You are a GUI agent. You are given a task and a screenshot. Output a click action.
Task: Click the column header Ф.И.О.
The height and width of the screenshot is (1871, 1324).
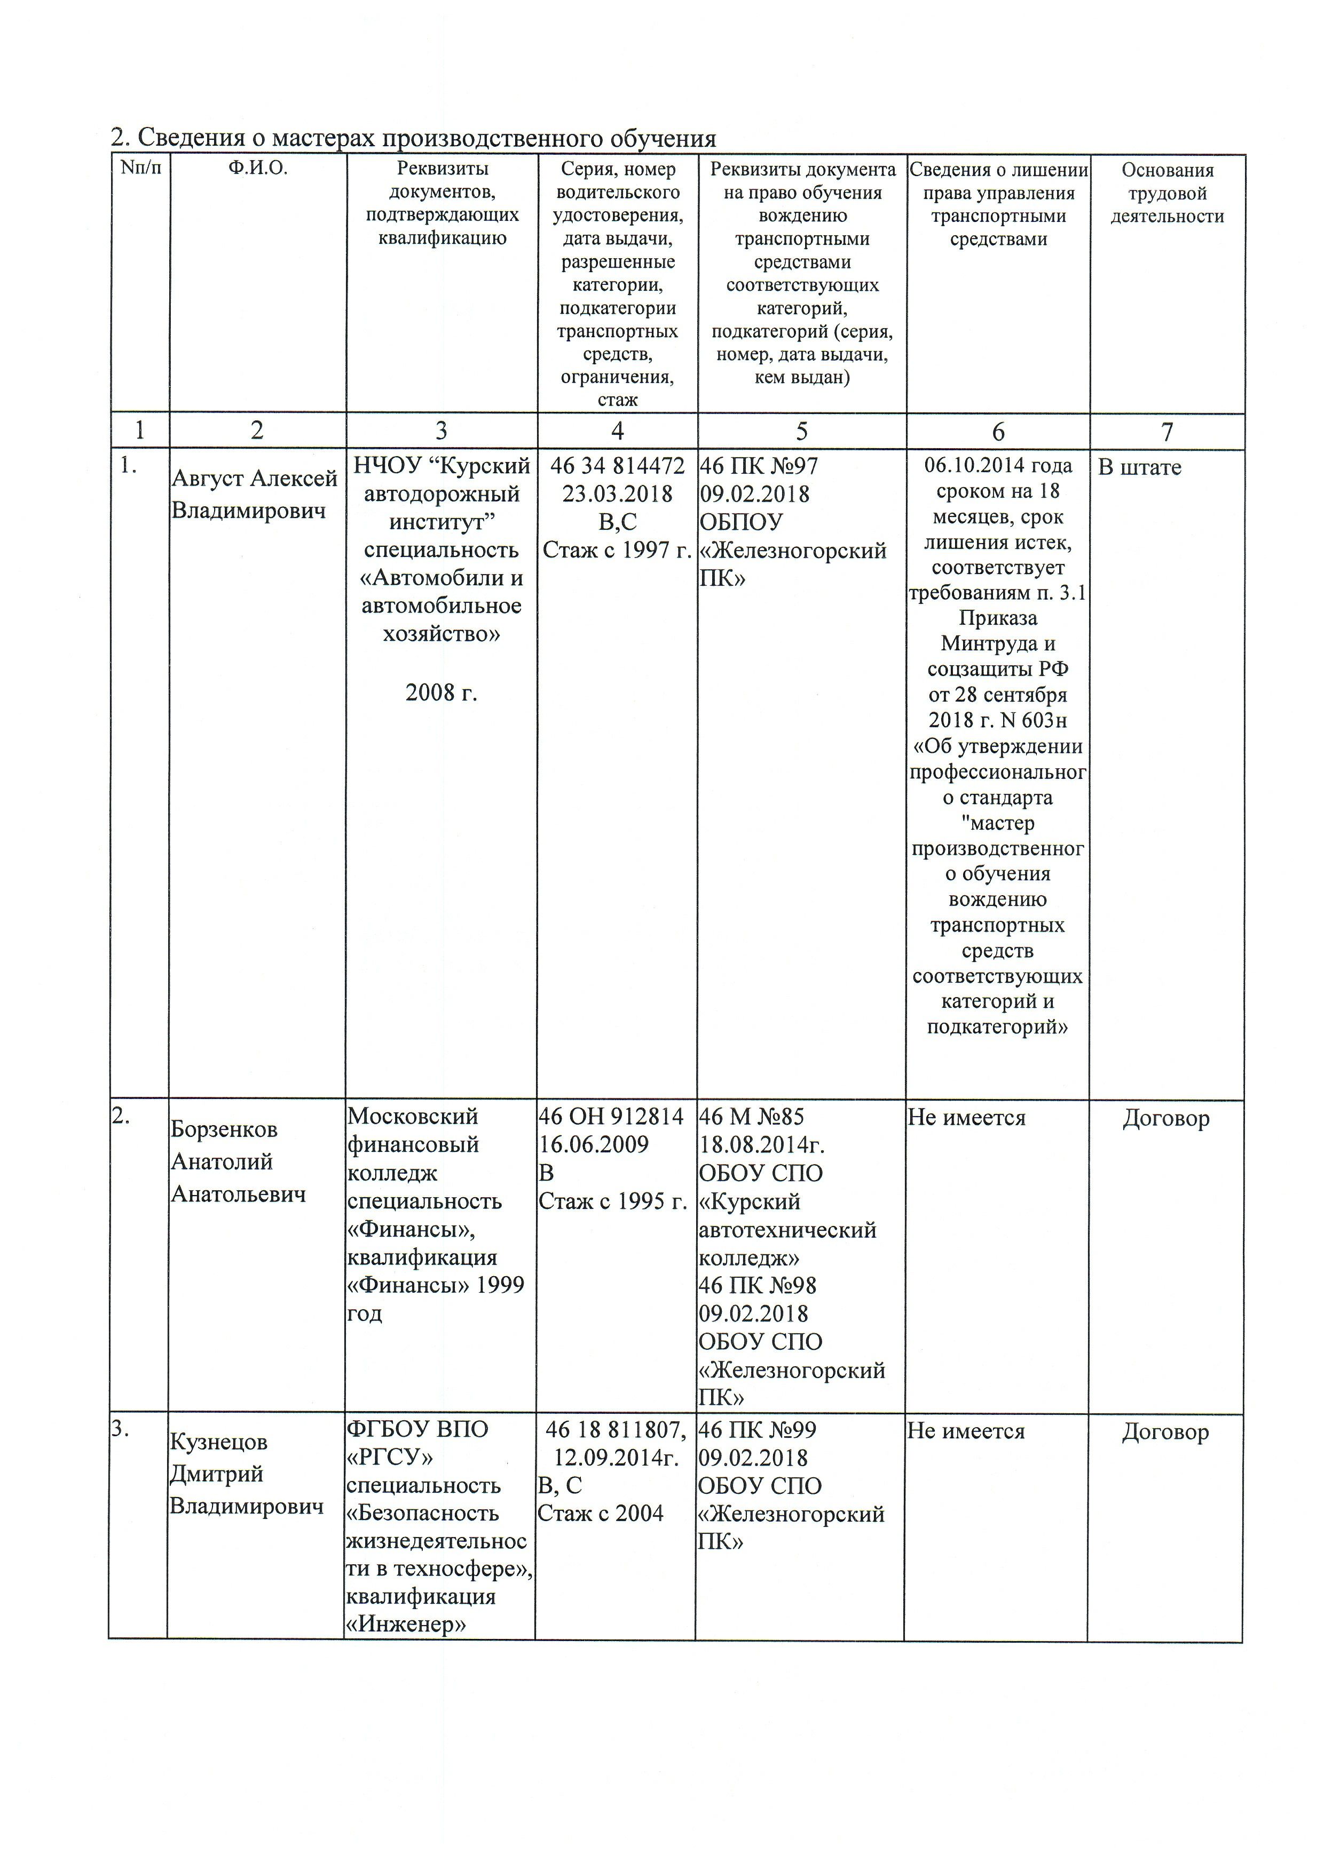(x=258, y=170)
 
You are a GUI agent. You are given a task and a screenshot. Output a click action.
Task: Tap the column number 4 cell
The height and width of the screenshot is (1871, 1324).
(x=617, y=431)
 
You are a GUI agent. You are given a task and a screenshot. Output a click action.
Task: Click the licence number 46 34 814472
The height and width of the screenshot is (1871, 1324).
(x=617, y=466)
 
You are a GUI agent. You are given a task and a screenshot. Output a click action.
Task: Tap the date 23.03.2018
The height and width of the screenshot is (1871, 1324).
(x=617, y=494)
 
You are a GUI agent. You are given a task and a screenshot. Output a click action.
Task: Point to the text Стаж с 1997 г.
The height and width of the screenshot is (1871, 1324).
(x=617, y=550)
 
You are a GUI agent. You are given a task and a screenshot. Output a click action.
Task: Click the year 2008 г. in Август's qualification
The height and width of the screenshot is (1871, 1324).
(x=441, y=692)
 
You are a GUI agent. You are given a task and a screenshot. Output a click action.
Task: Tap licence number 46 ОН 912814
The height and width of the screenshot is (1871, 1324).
(x=611, y=1117)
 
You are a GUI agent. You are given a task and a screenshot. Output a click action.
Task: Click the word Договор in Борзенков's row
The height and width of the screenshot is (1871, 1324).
(x=1166, y=1118)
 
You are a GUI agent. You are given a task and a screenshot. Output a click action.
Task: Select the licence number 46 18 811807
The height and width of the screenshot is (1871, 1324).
(x=616, y=1429)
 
